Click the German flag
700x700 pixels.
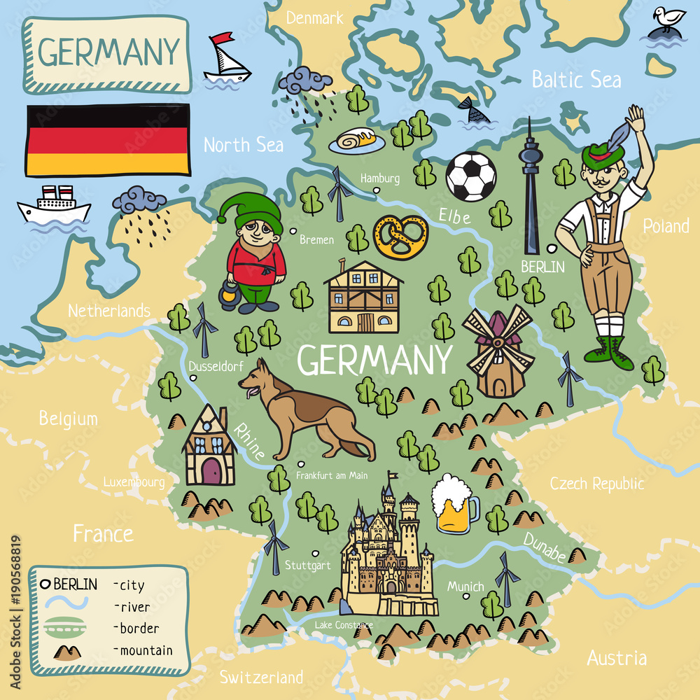(108, 139)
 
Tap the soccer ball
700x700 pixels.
(471, 176)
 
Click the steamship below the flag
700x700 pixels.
(54, 206)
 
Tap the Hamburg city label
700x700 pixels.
(380, 178)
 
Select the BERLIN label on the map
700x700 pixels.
(542, 266)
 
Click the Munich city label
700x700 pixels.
(465, 586)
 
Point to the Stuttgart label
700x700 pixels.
(308, 564)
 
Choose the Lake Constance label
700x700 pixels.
(344, 624)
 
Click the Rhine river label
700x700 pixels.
(249, 442)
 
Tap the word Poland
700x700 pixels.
(666, 226)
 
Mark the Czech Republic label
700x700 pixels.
(596, 484)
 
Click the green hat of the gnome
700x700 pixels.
(252, 210)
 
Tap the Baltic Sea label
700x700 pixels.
(575, 79)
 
